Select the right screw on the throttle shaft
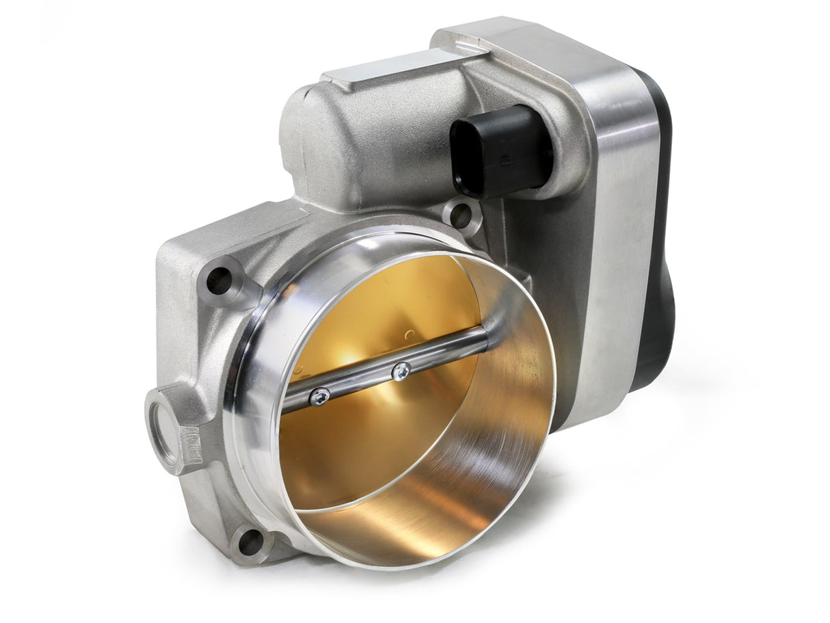[x=401, y=371]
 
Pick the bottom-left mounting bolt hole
[x=250, y=542]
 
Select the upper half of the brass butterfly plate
[x=383, y=308]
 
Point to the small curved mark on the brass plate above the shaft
[x=408, y=334]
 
